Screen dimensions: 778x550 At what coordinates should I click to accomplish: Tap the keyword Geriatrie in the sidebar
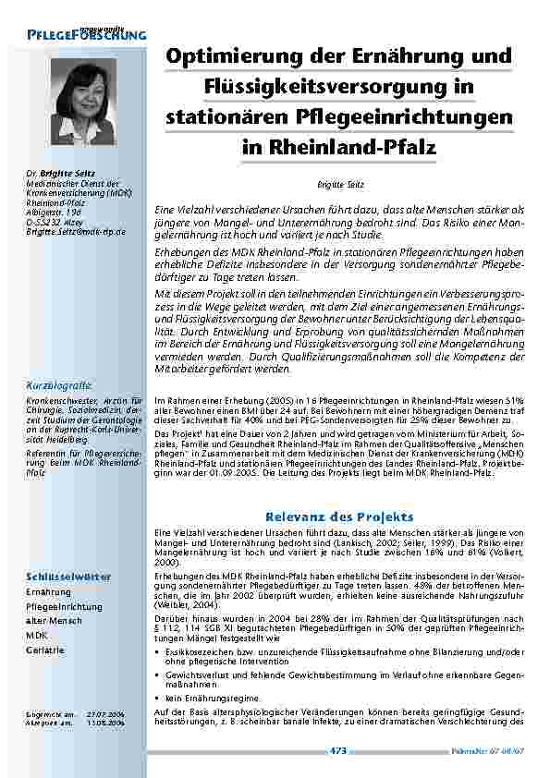(x=45, y=650)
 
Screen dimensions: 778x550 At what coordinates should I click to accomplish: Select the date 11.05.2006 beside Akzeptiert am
(x=104, y=723)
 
